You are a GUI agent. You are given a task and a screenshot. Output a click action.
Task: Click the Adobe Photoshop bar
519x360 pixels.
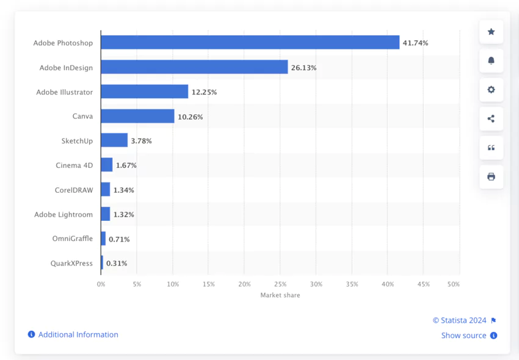coord(250,43)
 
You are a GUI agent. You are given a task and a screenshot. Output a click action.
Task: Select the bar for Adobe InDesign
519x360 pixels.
coord(194,67)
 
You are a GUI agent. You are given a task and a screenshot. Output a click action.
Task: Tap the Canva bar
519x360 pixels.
coord(137,116)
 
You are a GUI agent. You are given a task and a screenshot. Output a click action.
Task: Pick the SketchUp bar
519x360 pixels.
coord(114,140)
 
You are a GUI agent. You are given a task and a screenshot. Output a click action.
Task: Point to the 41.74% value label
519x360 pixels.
coord(415,43)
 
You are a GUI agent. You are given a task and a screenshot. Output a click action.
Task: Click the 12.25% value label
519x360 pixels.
coord(204,92)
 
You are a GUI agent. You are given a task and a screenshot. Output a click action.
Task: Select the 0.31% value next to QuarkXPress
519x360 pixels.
coord(117,264)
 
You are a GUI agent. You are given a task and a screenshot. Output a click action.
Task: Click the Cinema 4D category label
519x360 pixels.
coord(74,165)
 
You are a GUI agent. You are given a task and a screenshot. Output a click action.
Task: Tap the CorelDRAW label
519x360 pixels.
coord(73,190)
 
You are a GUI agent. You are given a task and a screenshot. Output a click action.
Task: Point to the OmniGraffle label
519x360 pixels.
coord(73,239)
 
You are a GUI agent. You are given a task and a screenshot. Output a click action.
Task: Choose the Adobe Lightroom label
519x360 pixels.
coord(64,214)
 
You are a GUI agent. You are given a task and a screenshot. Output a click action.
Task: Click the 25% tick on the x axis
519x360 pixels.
coord(280,284)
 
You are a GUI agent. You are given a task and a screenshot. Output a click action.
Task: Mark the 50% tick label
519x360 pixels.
coord(453,284)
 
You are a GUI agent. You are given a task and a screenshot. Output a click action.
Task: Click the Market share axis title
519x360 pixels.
coord(280,295)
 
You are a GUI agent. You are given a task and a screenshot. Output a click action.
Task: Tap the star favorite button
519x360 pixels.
coord(491,32)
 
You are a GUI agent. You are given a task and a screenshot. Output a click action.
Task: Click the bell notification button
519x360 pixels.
coord(491,60)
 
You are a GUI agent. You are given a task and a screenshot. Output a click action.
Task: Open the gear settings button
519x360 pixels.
coord(491,90)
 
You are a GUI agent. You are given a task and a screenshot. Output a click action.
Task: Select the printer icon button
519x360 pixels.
coord(491,177)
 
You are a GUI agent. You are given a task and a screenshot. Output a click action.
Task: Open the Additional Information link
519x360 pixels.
coord(78,334)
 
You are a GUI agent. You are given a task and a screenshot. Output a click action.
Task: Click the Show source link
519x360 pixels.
coord(464,336)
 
